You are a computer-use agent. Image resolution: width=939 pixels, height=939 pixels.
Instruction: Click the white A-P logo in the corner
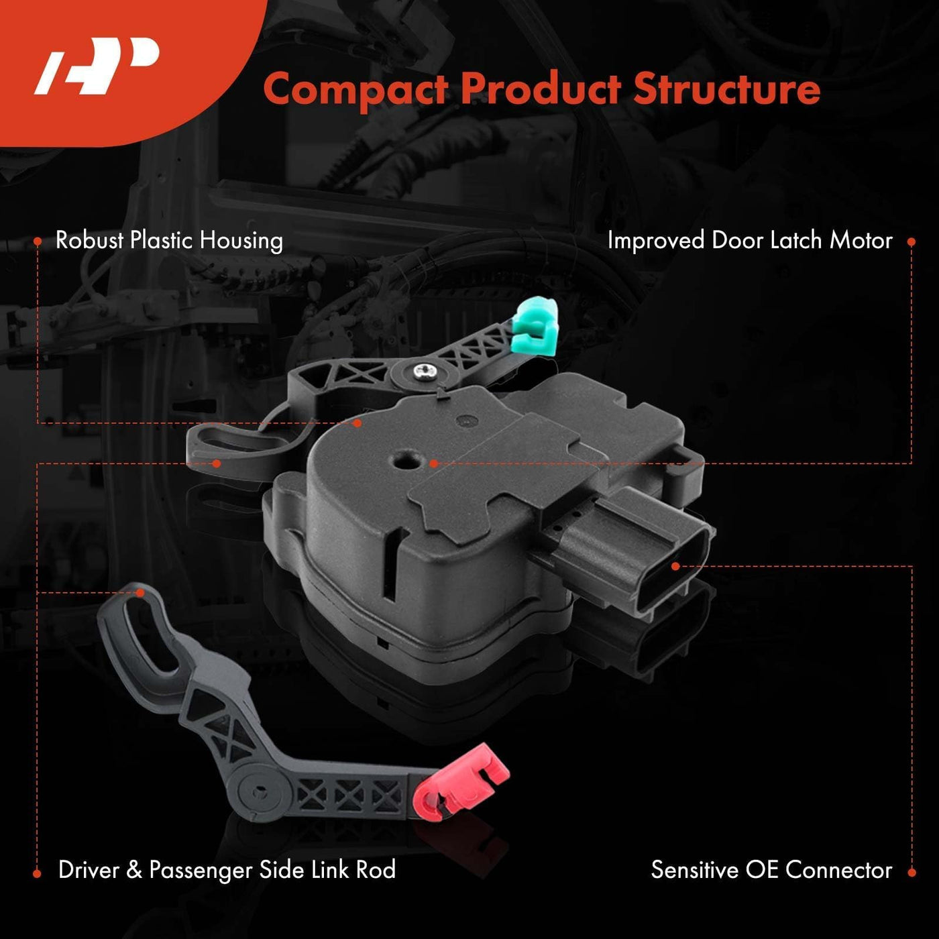(x=97, y=66)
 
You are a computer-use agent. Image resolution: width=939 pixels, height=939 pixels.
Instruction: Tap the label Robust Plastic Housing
(x=169, y=241)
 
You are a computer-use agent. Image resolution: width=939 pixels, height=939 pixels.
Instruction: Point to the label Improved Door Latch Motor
(x=750, y=241)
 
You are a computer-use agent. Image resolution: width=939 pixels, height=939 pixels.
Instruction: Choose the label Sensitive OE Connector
(x=772, y=870)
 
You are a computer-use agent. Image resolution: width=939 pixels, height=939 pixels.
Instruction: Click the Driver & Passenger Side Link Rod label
(x=227, y=871)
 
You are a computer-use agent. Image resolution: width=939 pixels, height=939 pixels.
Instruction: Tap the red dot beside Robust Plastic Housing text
(x=38, y=241)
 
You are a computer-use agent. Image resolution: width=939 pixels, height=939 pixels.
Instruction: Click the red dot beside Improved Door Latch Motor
(x=912, y=241)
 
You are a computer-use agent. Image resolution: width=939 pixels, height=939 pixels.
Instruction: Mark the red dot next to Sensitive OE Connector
(x=912, y=872)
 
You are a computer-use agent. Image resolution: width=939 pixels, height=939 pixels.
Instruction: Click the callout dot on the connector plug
(x=675, y=566)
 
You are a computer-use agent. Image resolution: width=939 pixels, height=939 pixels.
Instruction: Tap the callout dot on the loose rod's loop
(x=140, y=592)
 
